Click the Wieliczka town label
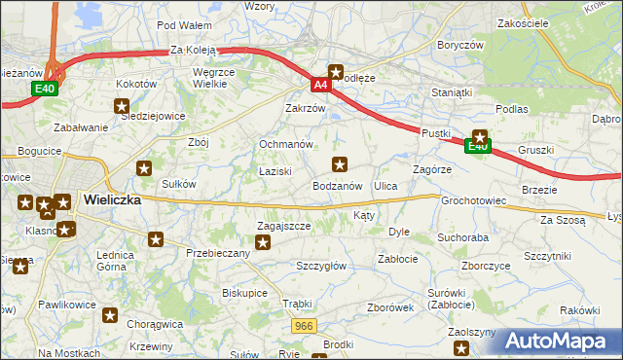pyautogui.click(x=112, y=198)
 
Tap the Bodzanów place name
pyautogui.click(x=338, y=185)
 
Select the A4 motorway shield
pyautogui.click(x=319, y=86)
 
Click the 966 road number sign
pyautogui.click(x=305, y=327)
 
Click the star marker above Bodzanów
pyautogui.click(x=340, y=163)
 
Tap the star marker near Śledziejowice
pyautogui.click(x=122, y=107)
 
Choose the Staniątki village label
pyautogui.click(x=452, y=92)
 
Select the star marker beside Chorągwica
pyautogui.click(x=110, y=315)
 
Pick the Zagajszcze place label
pyautogui.click(x=283, y=225)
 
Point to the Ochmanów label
pyautogui.click(x=284, y=144)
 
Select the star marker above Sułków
pyautogui.click(x=144, y=167)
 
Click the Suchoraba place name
pyautogui.click(x=462, y=236)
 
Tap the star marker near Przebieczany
pyautogui.click(x=156, y=238)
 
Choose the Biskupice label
pyautogui.click(x=244, y=291)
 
